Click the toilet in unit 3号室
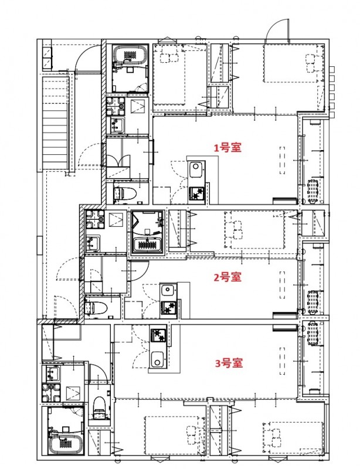(99, 405)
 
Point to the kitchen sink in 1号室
(195, 170)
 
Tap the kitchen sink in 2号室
(167, 290)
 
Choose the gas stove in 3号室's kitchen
(158, 336)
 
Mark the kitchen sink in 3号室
(158, 359)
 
